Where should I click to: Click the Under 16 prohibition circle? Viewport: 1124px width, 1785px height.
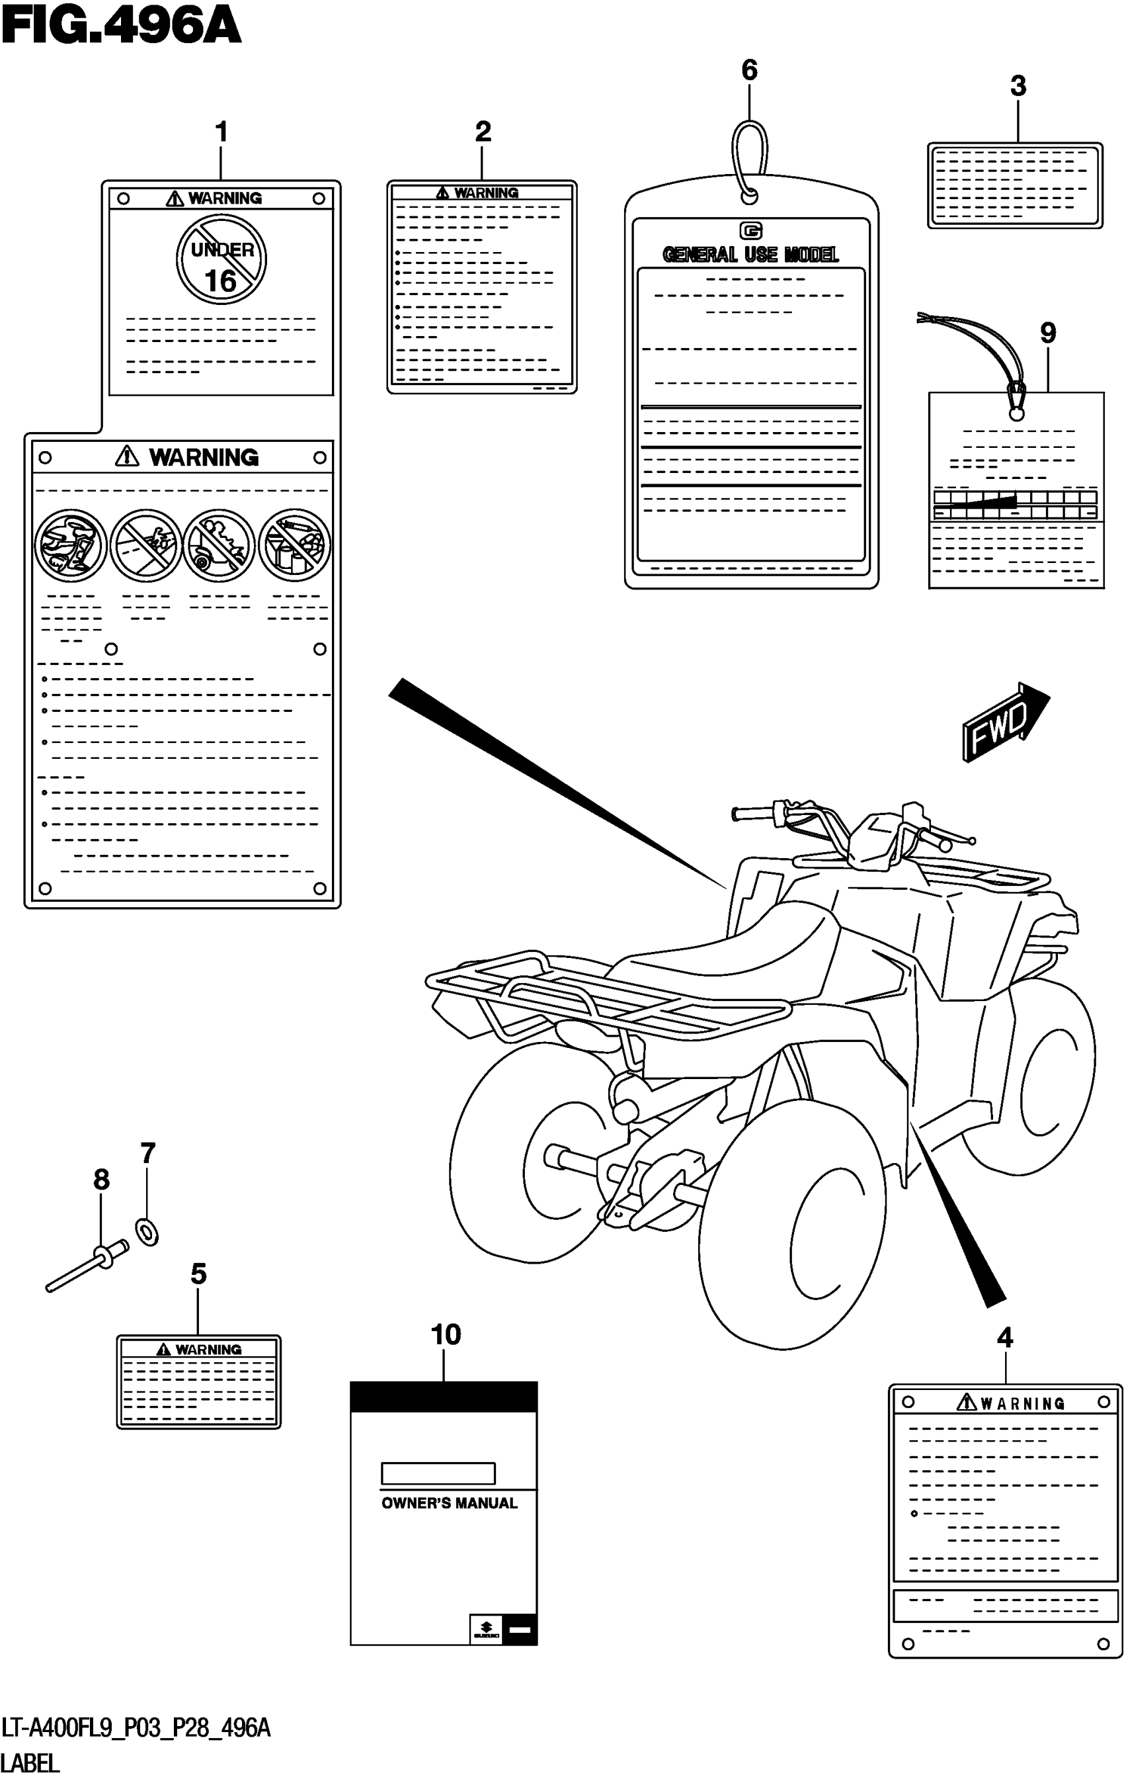coord(221,259)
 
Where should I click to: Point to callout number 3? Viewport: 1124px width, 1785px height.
coord(1018,87)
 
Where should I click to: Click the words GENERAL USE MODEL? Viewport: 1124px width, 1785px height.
coord(750,255)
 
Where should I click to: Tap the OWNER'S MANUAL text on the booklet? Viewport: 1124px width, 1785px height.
coord(449,1503)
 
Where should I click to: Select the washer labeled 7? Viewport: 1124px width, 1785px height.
coord(147,1233)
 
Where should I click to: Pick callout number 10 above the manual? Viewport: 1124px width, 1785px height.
coord(446,1335)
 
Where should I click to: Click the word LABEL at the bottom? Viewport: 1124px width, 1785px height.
coord(30,1762)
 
